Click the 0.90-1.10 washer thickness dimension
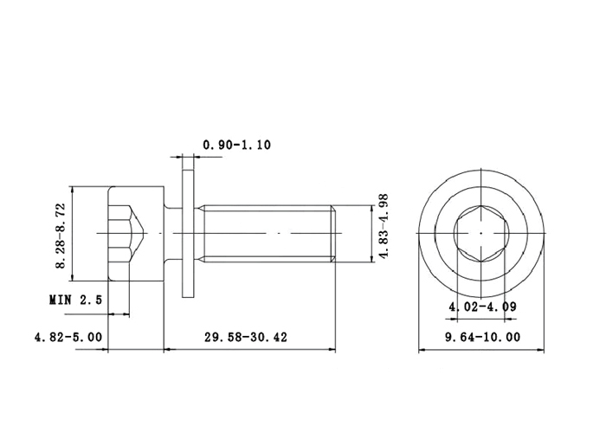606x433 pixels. point(236,145)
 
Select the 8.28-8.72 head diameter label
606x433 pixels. point(61,236)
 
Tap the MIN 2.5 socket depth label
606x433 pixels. point(76,300)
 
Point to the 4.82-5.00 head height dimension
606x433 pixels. point(68,337)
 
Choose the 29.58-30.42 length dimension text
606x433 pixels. point(246,337)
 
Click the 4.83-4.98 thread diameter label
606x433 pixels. point(383,226)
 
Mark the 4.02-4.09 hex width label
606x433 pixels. point(482,307)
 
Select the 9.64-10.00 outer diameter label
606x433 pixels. point(483,337)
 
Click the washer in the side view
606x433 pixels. point(188,234)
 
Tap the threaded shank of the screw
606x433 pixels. point(267,234)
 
